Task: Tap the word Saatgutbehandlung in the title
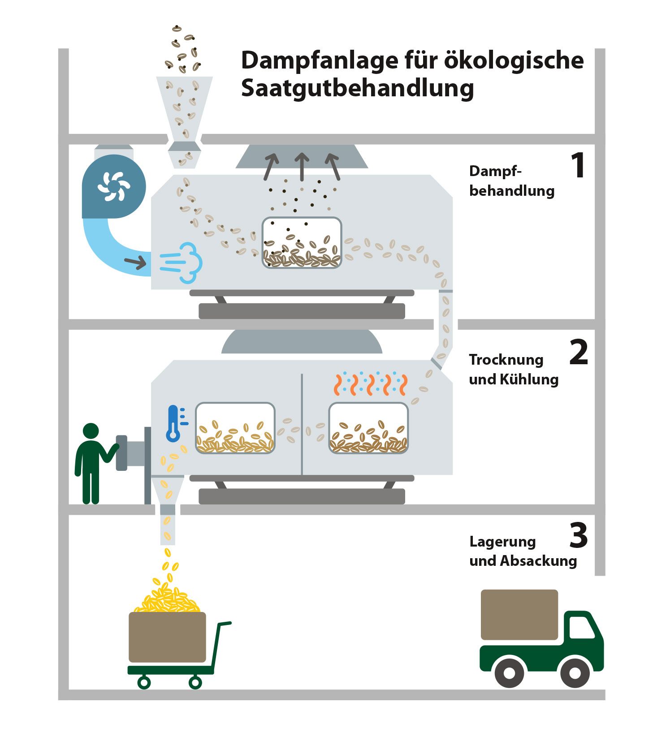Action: click(357, 88)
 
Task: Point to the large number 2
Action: click(579, 353)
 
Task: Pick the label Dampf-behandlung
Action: click(511, 181)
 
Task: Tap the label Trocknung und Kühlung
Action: click(514, 370)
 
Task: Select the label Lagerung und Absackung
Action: click(523, 551)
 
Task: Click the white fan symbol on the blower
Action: click(114, 186)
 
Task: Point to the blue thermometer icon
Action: click(174, 424)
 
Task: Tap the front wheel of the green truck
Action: click(575, 672)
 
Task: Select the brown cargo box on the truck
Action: click(519, 615)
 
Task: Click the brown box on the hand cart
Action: click(167, 637)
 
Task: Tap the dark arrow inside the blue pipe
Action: click(135, 263)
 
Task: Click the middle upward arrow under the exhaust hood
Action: click(302, 166)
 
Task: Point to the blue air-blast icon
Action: click(182, 263)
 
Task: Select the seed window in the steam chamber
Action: click(302, 243)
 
